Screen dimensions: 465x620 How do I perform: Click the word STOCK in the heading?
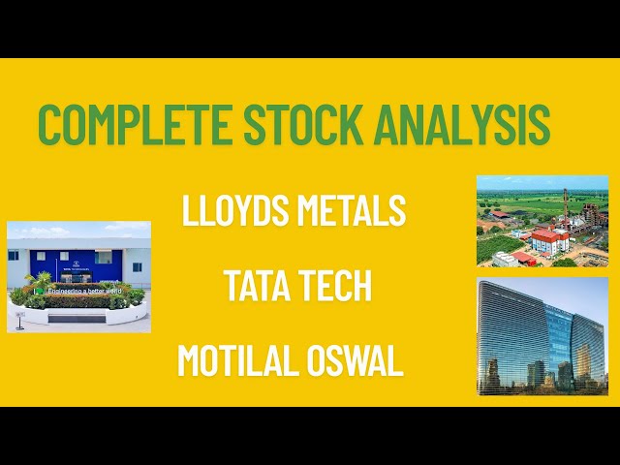tap(290, 124)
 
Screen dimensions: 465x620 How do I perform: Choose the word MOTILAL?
tap(237, 361)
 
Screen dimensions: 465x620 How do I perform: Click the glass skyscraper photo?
tap(542, 336)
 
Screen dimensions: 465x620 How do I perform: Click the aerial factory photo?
tap(542, 221)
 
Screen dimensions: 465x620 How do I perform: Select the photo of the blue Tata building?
tap(78, 277)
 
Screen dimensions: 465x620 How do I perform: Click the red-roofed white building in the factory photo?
tap(549, 239)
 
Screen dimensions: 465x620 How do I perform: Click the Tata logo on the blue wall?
tap(75, 259)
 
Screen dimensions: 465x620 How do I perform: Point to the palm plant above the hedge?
tap(40, 282)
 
